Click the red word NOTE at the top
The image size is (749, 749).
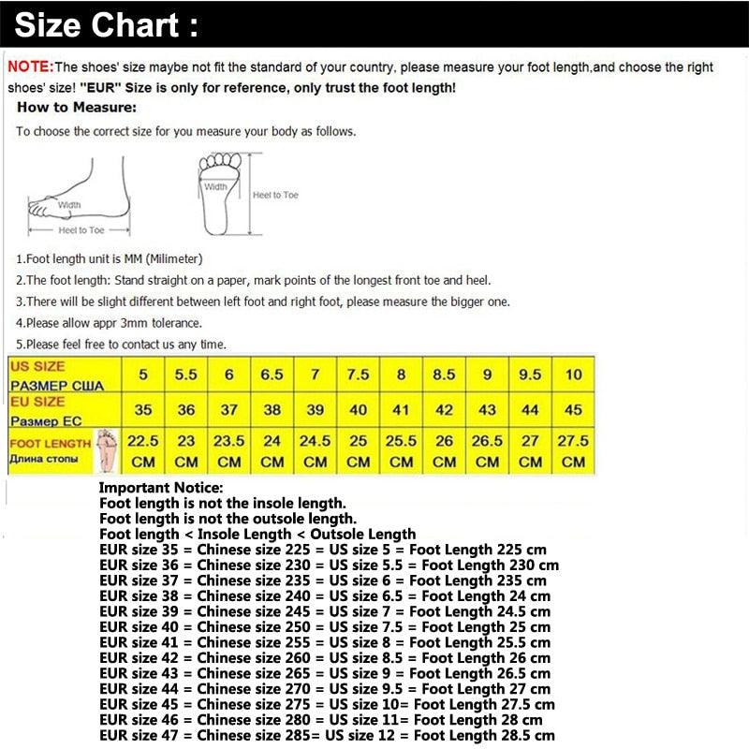(x=30, y=66)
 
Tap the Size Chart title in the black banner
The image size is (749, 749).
(x=107, y=25)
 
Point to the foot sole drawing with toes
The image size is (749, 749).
(x=221, y=192)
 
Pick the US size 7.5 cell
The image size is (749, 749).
(x=358, y=374)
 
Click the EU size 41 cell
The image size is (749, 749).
(x=401, y=410)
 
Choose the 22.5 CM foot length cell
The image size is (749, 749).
(x=142, y=450)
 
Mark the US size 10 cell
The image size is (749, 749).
(x=573, y=374)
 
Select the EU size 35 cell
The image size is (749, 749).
(x=142, y=410)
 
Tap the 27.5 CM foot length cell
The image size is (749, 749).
(x=573, y=450)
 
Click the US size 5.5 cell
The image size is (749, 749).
(x=185, y=374)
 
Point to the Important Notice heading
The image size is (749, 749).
(x=161, y=488)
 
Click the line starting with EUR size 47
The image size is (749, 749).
(x=327, y=736)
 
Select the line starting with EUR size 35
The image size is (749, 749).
(x=323, y=550)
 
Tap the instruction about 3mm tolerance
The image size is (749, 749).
(x=108, y=323)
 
